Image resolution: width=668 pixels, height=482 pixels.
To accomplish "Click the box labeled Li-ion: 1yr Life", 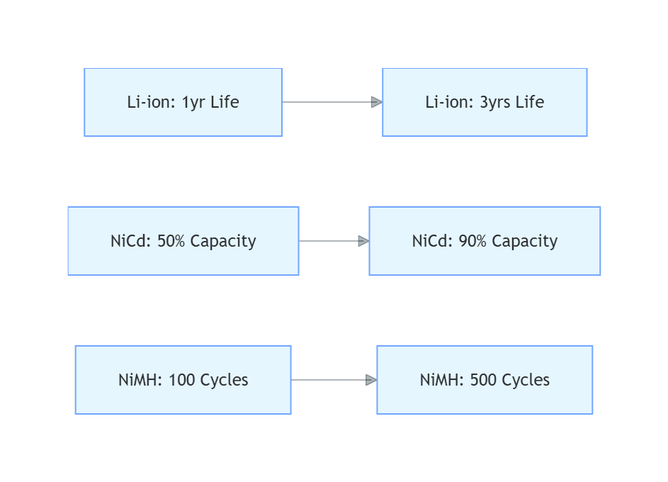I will [183, 102].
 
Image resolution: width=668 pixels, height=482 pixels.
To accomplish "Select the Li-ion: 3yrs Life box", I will [485, 102].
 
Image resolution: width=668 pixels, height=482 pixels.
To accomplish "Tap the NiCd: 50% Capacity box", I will [183, 241].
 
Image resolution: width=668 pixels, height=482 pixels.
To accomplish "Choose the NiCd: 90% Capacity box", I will [485, 241].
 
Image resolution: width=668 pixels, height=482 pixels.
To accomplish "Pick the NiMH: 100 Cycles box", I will [183, 380].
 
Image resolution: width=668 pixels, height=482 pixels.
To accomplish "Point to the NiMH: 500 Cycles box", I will [485, 380].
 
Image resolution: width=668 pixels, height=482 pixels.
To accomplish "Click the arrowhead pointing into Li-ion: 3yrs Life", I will [377, 102].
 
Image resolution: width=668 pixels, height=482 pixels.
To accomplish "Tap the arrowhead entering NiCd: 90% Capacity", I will [363, 241].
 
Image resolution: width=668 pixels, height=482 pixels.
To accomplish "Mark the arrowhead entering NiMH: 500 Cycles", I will [371, 380].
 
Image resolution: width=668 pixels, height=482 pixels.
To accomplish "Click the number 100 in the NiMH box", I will [182, 380].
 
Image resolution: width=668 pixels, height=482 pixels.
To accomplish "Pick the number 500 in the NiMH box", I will [484, 380].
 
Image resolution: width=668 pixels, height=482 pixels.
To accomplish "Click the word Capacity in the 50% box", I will [223, 241].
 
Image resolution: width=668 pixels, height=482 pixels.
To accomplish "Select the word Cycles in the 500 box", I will [525, 380].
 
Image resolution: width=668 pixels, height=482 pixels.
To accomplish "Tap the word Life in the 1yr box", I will [225, 102].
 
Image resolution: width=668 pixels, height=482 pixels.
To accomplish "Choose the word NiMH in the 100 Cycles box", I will [139, 380].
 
